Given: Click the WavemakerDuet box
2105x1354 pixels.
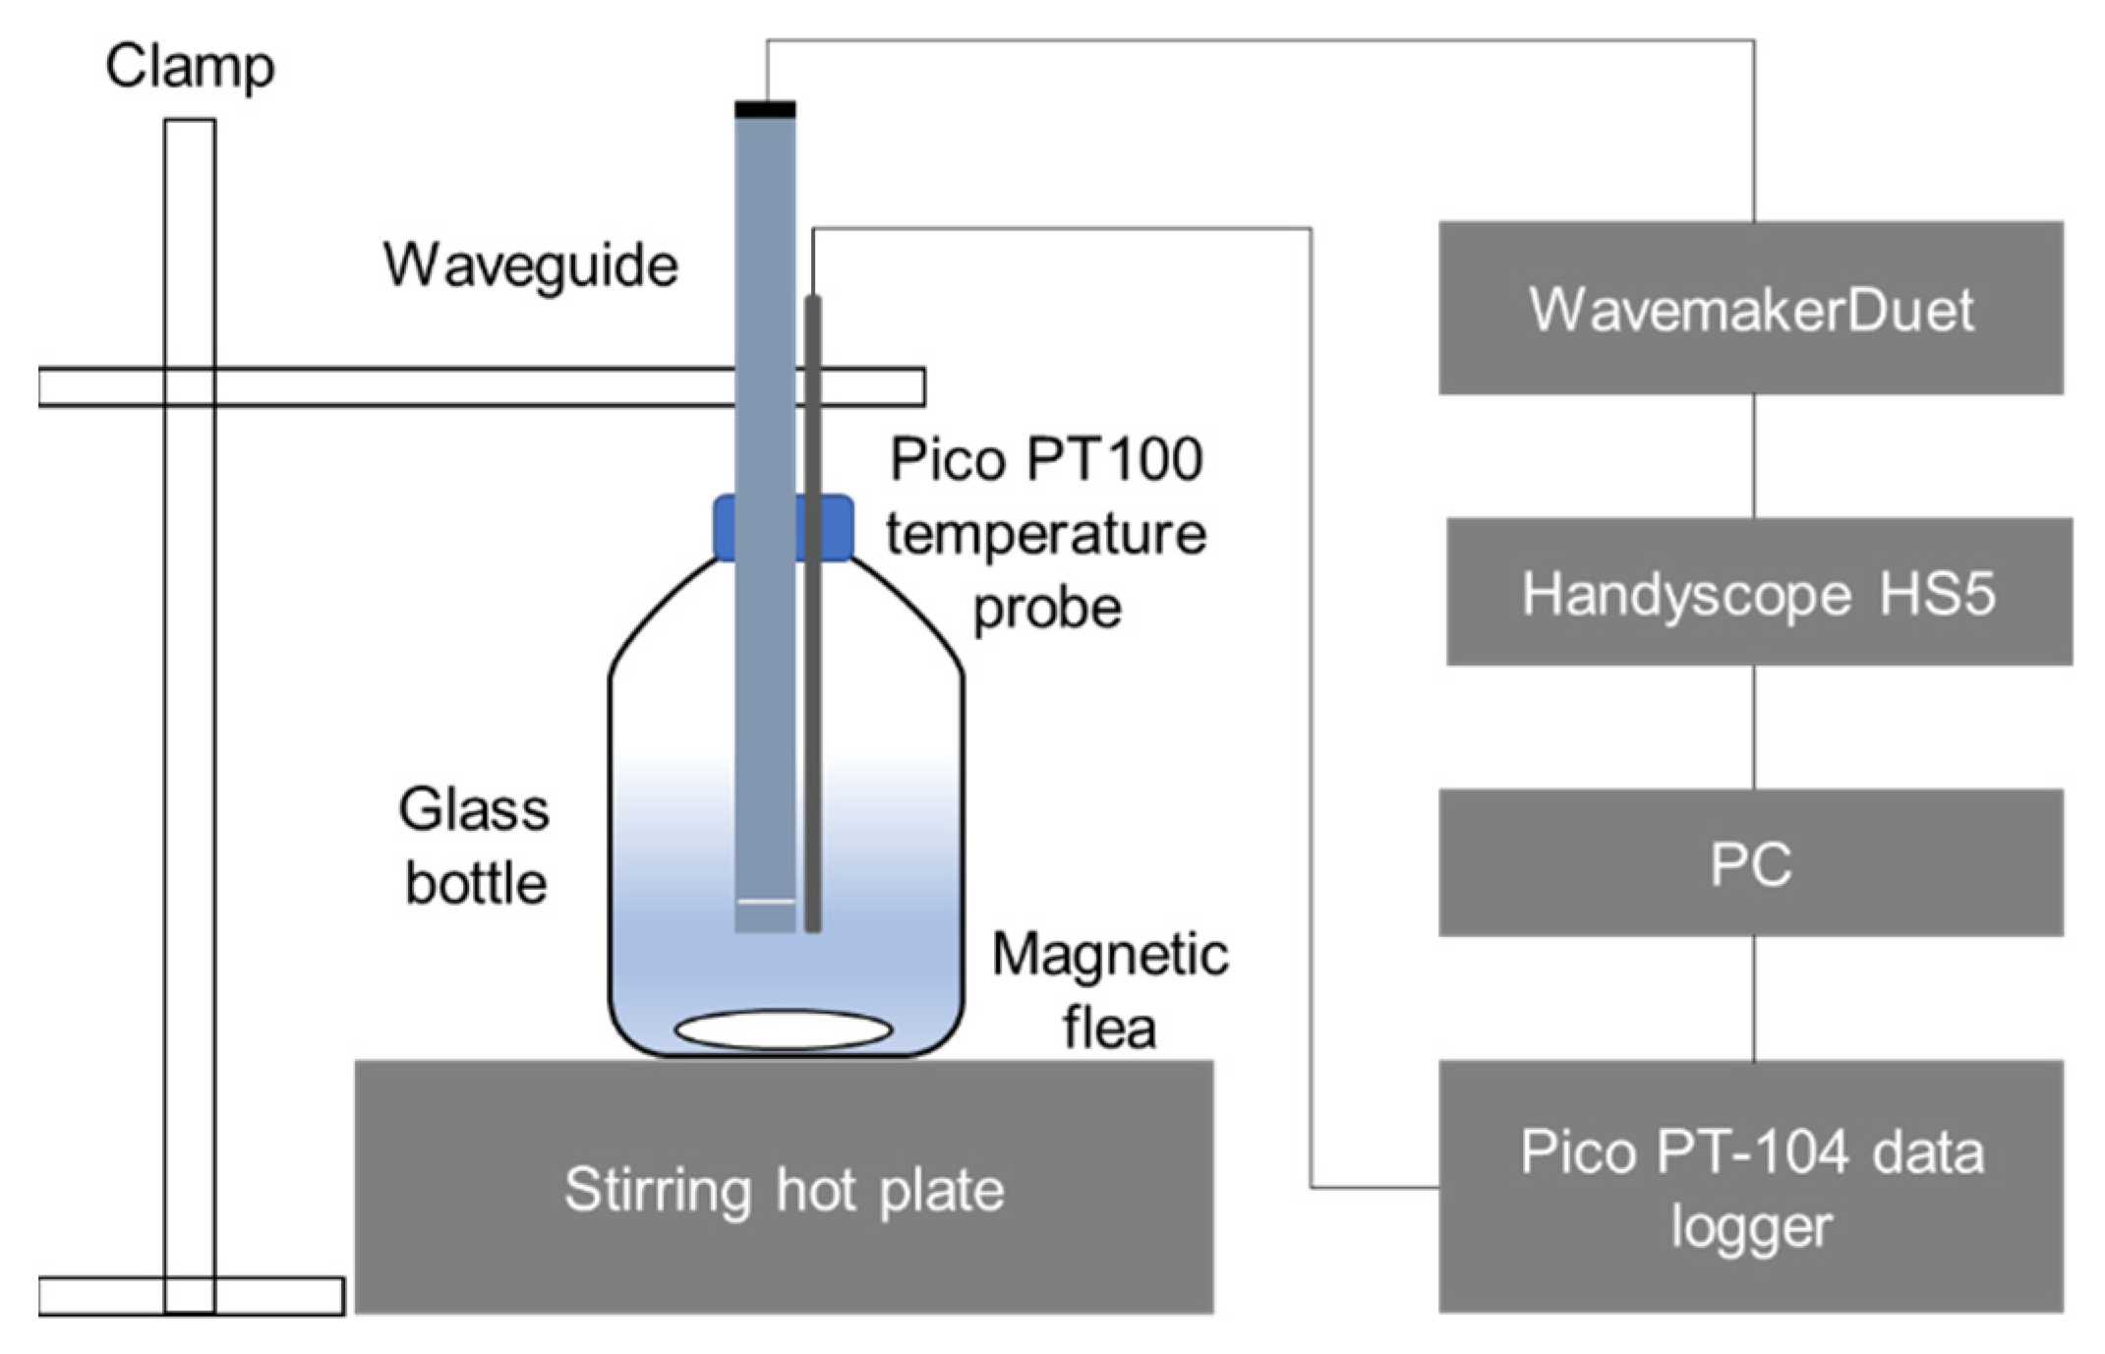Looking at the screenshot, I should (x=1750, y=309).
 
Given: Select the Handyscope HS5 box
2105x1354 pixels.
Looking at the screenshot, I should (x=1758, y=592).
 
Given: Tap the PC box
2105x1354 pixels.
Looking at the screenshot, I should (x=1750, y=862).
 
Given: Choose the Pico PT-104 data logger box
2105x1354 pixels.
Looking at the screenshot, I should (x=1750, y=1186).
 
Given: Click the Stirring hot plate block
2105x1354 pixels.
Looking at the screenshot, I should (x=784, y=1187).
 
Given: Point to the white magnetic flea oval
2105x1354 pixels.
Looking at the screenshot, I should (x=784, y=1030).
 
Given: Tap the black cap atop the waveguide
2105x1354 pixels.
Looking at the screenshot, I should (x=765, y=110).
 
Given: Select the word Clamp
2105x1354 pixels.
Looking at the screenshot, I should (x=190, y=67).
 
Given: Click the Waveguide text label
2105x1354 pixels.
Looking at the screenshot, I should (x=531, y=265).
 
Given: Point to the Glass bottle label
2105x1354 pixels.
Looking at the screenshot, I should (x=475, y=846).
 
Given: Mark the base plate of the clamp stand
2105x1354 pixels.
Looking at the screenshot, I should (x=191, y=1295).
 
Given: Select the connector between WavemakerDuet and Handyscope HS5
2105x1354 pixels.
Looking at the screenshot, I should (x=1754, y=456).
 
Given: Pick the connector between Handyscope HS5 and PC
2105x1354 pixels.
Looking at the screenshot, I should (x=1754, y=727).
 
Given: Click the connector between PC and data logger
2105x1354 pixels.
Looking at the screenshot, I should (x=1754, y=998).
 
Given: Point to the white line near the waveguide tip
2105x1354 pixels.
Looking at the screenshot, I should (x=766, y=901).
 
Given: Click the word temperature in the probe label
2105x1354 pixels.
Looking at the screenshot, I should (x=1046, y=534).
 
